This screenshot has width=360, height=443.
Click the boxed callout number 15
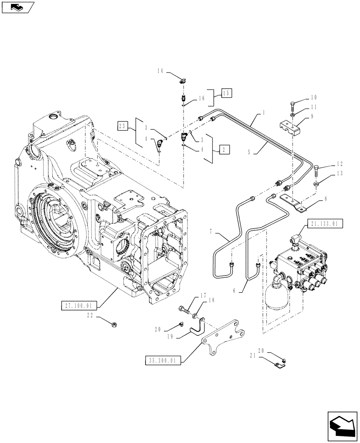coord(227,93)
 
